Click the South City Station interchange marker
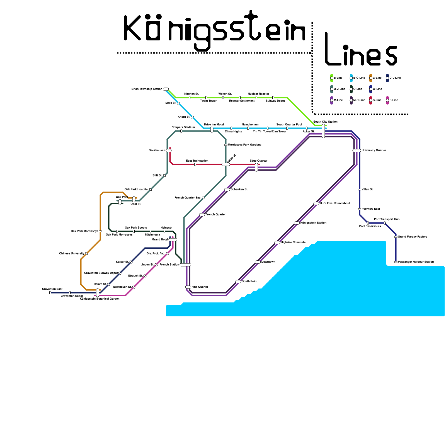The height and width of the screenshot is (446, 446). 323,131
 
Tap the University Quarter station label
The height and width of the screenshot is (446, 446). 374,151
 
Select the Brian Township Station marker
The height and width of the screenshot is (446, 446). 166,89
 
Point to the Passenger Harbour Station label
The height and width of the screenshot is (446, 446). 416,262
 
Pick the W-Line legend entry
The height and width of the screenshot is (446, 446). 377,89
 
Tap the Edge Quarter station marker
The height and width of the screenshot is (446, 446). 256,167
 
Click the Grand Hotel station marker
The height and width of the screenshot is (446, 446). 173,240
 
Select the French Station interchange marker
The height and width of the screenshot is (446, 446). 185,265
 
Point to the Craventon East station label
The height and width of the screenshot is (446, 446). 52,289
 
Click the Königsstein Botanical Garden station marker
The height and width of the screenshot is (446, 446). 98,293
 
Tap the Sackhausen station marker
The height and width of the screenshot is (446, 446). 169,151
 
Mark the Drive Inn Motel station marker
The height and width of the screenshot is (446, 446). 212,130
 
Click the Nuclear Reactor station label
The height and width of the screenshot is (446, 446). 258,94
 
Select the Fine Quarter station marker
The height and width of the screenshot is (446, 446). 188,287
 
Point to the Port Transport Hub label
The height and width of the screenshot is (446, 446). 387,219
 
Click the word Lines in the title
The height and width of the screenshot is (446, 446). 361,50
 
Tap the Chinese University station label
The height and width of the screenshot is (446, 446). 72,254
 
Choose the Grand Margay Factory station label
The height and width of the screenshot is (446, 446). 413,237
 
